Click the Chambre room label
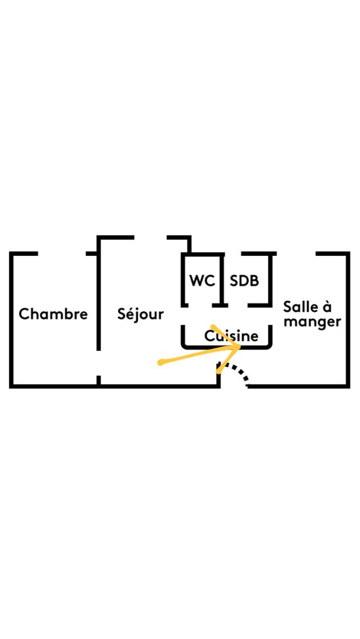53,314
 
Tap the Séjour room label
141,314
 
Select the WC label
202,281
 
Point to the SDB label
244,281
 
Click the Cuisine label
231,336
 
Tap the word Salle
301,307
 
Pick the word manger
312,322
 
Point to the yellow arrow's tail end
160,362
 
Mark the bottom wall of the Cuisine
227,347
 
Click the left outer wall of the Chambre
11,319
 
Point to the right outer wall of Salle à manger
348,319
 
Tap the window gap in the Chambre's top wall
61,254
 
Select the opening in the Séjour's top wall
150,237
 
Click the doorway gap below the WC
200,305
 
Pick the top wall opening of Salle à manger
296,254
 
